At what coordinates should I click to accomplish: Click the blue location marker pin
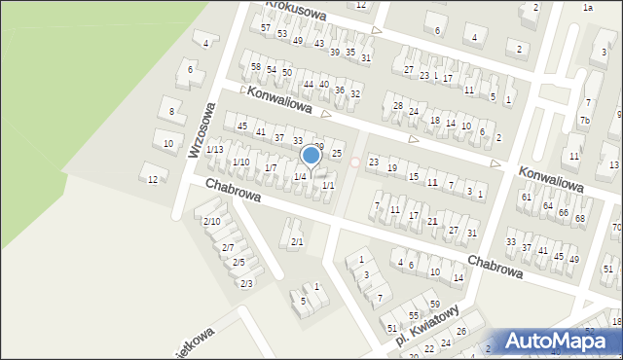click(311, 156)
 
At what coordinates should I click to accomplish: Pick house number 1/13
click(214, 149)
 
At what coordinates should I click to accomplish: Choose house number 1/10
click(240, 162)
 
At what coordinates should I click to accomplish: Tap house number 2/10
click(211, 221)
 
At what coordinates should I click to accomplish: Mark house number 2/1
click(297, 241)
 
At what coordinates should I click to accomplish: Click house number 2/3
click(246, 283)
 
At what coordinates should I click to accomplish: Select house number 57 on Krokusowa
click(265, 27)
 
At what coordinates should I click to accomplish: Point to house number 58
click(256, 66)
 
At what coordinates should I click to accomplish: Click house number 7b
click(584, 121)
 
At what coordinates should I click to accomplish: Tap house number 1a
click(587, 7)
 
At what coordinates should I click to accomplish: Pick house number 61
click(526, 197)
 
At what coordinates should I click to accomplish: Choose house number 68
click(580, 217)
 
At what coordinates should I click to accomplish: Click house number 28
click(397, 105)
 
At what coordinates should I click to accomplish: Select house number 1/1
click(328, 185)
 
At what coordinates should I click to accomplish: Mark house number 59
click(434, 305)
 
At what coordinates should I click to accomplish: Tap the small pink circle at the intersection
click(355, 162)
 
